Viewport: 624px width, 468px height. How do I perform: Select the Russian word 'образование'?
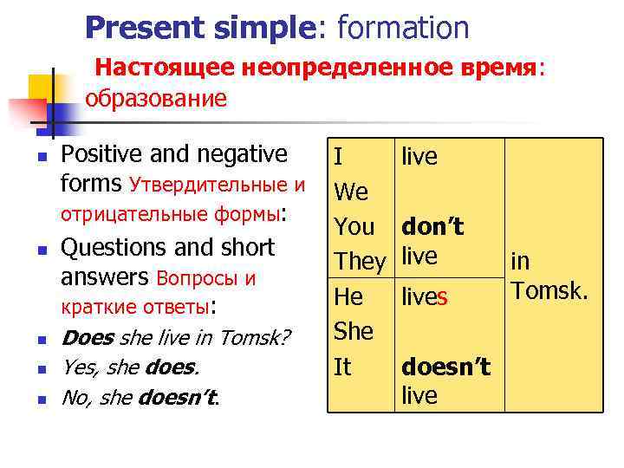[x=156, y=98]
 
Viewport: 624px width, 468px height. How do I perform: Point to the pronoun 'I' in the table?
[x=338, y=157]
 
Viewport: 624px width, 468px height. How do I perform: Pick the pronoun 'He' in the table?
[x=348, y=297]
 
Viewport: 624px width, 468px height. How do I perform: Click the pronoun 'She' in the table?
[x=353, y=332]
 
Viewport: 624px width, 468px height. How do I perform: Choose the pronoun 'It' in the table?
[x=342, y=367]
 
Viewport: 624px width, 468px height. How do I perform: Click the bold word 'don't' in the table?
[x=432, y=228]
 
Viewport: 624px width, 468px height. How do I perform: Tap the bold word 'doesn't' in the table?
[x=445, y=367]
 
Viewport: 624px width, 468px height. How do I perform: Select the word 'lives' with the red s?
[x=425, y=297]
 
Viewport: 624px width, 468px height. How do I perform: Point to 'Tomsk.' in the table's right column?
[x=549, y=289]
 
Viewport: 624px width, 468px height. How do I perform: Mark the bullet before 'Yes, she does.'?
[x=41, y=369]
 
